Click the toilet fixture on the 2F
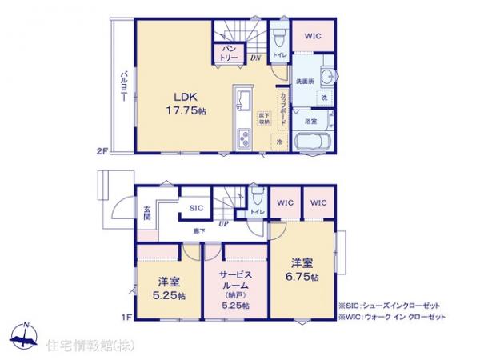[x=278, y=37]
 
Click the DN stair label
[x=256, y=58]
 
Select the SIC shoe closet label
[x=196, y=207]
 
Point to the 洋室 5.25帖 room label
[x=169, y=290]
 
